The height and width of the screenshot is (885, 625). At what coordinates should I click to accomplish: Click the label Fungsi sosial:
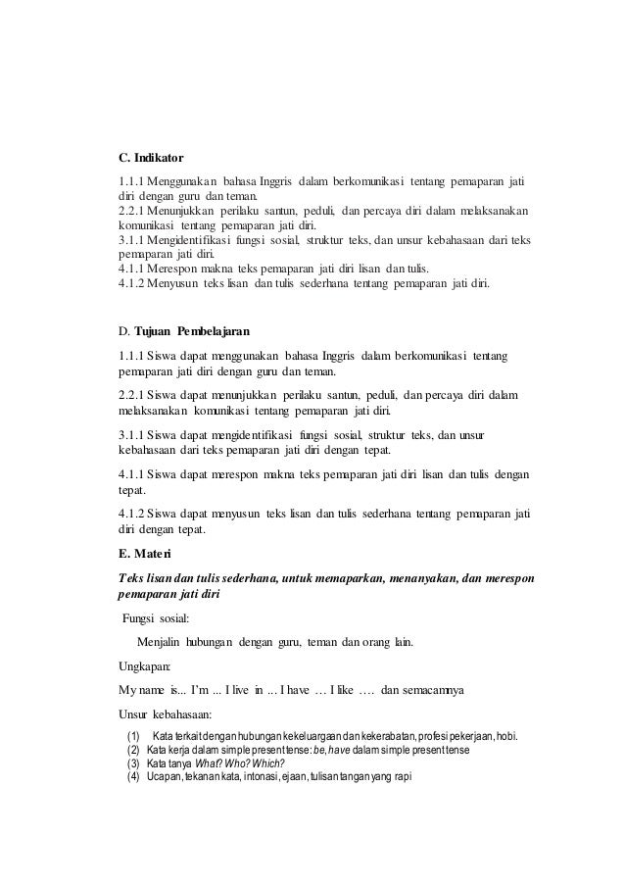click(159, 620)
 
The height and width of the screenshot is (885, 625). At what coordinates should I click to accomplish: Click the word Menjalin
click(165, 643)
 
